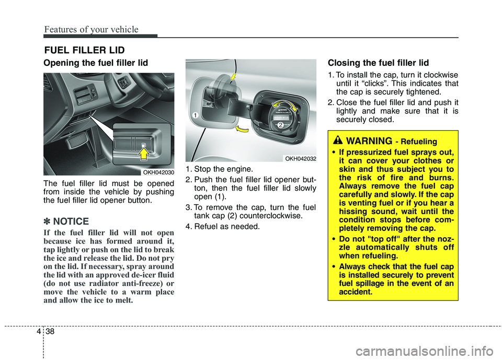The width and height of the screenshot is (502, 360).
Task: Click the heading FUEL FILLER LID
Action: tap(84, 51)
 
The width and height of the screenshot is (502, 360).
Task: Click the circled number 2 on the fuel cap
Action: tap(280, 125)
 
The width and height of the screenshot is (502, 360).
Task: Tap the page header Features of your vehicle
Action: tap(91, 30)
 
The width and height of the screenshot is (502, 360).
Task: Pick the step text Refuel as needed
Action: tap(226, 226)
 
